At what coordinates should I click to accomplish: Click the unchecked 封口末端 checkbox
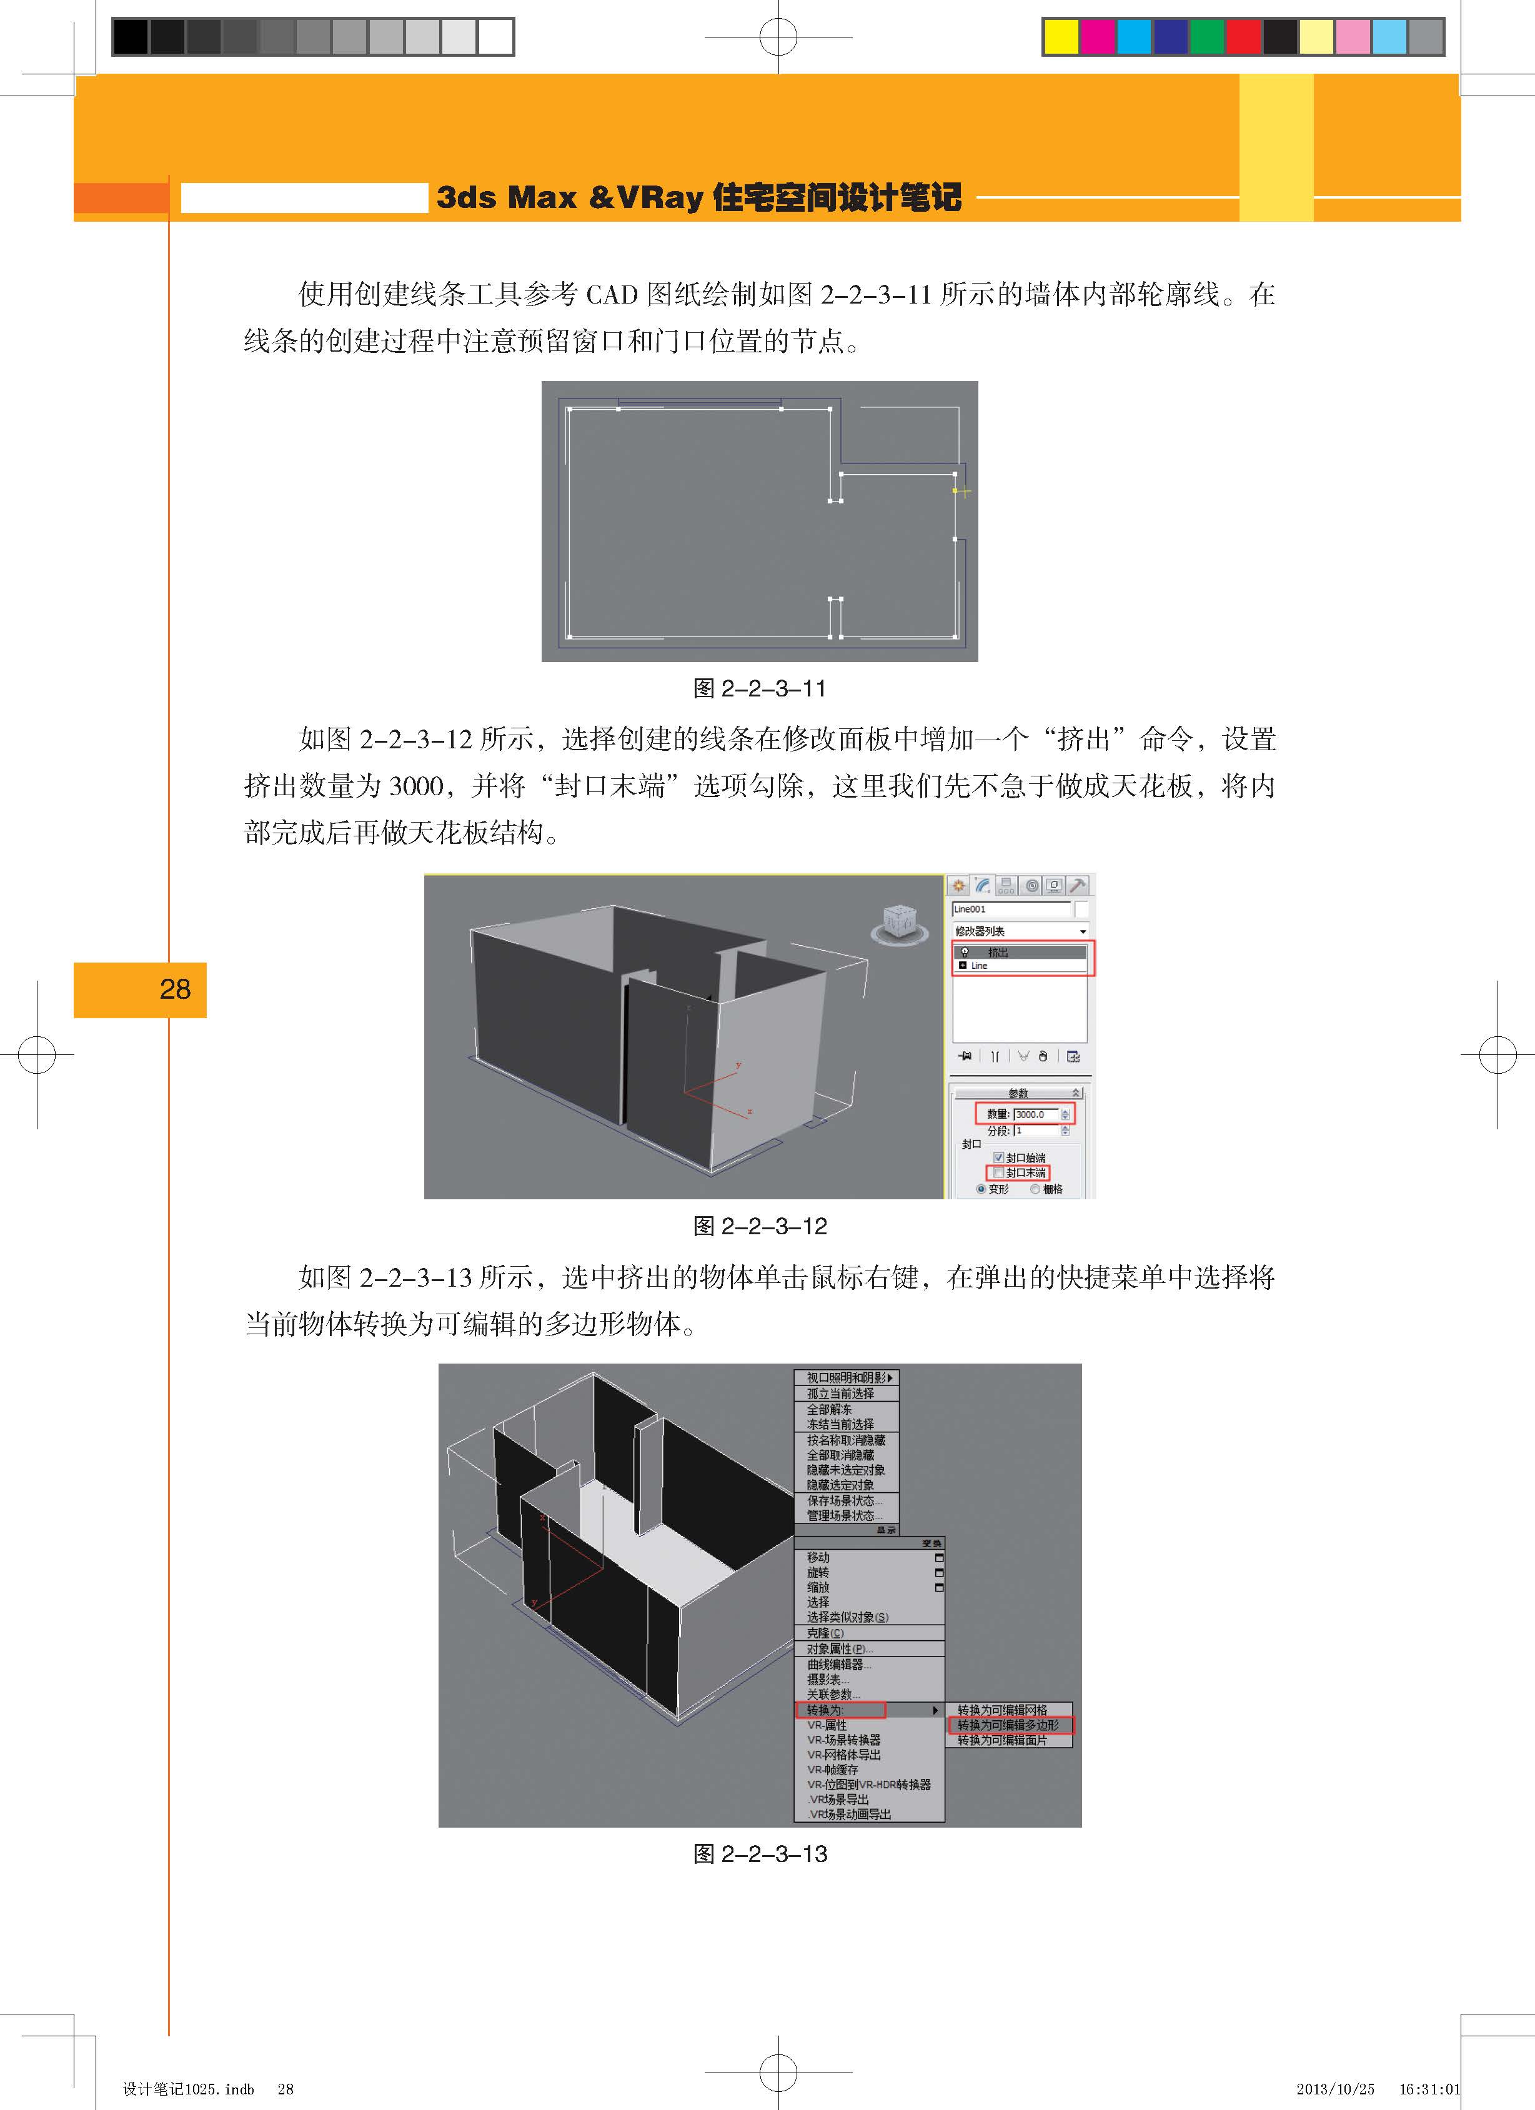coord(999,1172)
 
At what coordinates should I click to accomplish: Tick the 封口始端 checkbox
coord(999,1157)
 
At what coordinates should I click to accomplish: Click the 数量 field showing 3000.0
coord(1035,1114)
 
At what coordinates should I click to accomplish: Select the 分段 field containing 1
coord(1035,1131)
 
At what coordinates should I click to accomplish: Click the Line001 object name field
coord(1010,909)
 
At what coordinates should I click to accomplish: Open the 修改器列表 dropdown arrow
coord(1083,931)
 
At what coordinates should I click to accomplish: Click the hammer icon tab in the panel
coord(1077,884)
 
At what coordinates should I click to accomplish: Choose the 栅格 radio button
coord(1035,1189)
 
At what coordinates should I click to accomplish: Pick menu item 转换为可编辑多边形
coord(1008,1725)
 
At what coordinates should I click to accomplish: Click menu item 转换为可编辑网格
coord(1002,1710)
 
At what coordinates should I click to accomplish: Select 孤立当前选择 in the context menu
coord(840,1394)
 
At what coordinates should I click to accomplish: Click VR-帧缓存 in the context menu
coord(833,1770)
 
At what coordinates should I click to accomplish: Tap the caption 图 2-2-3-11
coord(759,688)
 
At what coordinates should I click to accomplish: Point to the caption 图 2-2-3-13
coord(759,1854)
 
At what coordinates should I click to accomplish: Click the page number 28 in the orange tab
coord(175,989)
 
